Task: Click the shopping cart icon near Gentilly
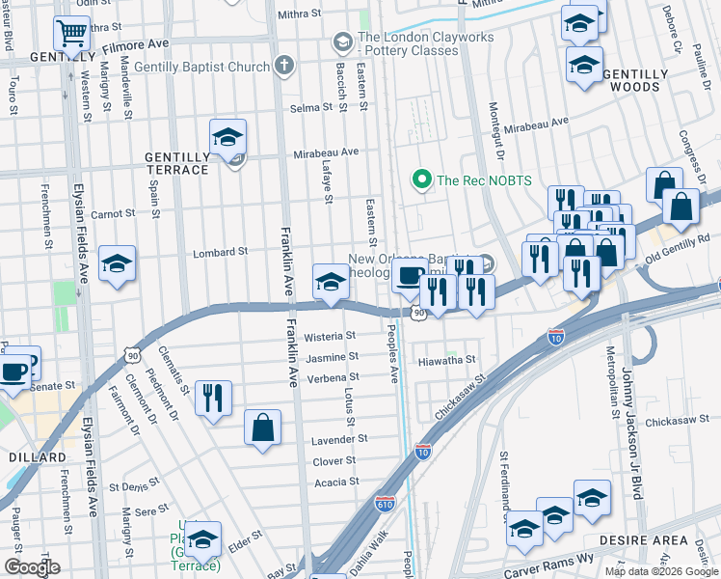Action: pyautogui.click(x=71, y=34)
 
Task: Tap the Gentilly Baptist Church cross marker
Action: pyautogui.click(x=283, y=66)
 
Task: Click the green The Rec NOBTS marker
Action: pyautogui.click(x=420, y=179)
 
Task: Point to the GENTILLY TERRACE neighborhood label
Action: pyautogui.click(x=176, y=163)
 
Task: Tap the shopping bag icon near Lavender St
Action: pyautogui.click(x=262, y=427)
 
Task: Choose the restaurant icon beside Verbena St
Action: pyautogui.click(x=212, y=398)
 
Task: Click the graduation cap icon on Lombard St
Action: pyautogui.click(x=117, y=263)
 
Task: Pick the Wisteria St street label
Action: pyautogui.click(x=330, y=337)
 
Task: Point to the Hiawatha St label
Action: pyautogui.click(x=447, y=360)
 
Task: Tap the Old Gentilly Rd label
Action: pyautogui.click(x=677, y=248)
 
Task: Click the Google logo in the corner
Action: pyautogui.click(x=32, y=567)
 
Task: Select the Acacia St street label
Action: pyautogui.click(x=336, y=482)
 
